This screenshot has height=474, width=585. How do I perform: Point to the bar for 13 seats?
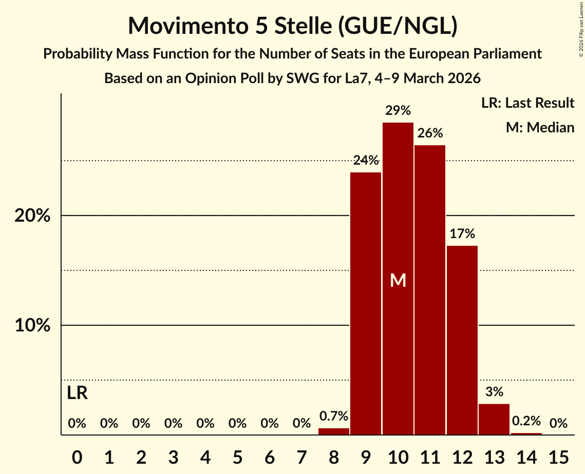494,419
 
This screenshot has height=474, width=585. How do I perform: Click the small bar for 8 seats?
334,431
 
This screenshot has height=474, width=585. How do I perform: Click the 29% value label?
398,110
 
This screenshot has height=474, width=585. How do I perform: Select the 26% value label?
430,133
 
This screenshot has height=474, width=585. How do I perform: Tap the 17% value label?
462,234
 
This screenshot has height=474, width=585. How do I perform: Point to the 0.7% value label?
334,416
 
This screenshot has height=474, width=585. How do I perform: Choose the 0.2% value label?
526,421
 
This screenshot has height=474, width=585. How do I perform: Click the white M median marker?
398,280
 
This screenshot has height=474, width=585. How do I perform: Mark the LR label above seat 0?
77,393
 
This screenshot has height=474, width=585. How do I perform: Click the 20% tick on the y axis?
32,216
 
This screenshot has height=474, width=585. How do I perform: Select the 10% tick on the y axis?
32,326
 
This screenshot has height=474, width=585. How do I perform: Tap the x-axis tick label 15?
558,456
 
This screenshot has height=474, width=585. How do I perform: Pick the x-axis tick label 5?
237,456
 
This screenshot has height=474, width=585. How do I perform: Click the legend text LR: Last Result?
527,103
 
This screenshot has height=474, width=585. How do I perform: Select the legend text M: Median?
540,127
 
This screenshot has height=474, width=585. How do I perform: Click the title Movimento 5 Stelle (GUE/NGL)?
292,26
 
